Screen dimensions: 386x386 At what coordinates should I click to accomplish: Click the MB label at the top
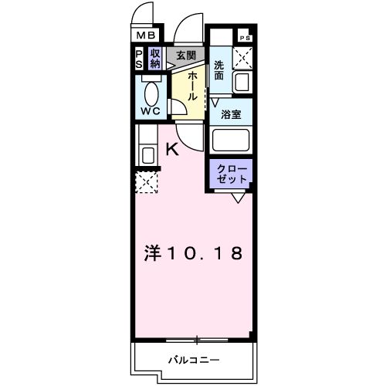(145, 35)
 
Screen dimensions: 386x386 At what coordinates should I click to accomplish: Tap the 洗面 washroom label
(219, 71)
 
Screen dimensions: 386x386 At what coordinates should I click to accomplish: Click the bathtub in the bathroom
(231, 140)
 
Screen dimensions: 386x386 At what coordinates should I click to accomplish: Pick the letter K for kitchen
(173, 151)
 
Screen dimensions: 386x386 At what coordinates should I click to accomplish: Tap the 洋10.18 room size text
(195, 252)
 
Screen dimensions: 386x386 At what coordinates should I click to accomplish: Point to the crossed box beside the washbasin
(244, 56)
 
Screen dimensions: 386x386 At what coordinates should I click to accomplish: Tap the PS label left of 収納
(139, 59)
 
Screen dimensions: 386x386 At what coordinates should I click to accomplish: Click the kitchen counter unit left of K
(147, 147)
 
